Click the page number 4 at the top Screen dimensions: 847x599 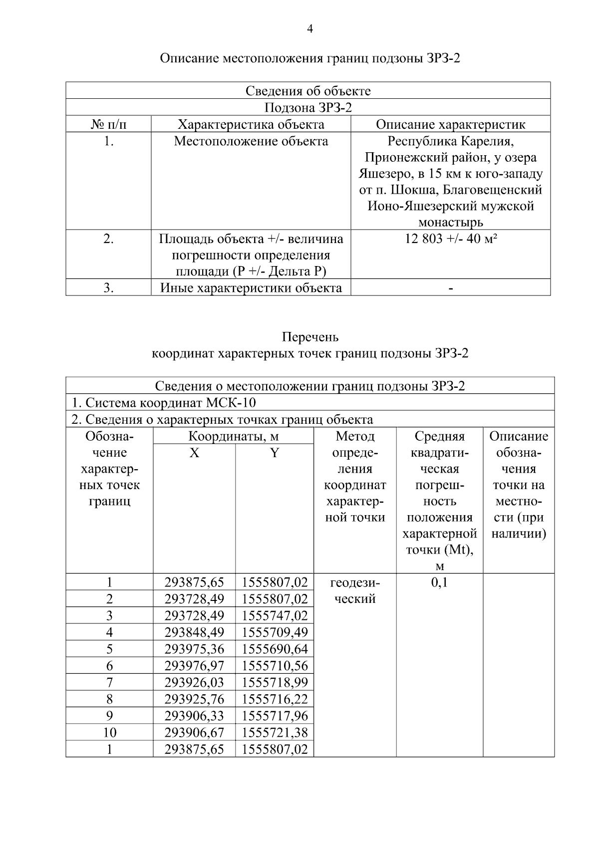tap(309, 29)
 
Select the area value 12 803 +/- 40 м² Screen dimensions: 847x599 tap(450, 239)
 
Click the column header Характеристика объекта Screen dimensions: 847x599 tap(251, 124)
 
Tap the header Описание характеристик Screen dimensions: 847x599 tap(450, 124)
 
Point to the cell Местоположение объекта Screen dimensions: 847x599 tap(251, 141)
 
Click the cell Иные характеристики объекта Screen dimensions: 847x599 tap(251, 288)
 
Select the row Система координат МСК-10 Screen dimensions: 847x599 tap(164, 403)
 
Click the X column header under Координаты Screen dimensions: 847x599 tap(194, 453)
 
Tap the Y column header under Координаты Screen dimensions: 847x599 tap(275, 453)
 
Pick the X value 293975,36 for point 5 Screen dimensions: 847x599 tap(194, 649)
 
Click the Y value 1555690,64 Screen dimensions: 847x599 tap(275, 649)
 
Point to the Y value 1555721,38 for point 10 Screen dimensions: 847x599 tap(275, 733)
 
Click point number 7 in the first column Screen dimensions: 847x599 tap(109, 682)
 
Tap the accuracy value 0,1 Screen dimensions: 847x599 tap(439, 582)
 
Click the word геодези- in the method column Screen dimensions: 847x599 tap(355, 582)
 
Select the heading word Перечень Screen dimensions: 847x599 tap(310, 337)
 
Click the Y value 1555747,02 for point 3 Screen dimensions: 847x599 tap(275, 615)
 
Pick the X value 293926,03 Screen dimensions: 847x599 tap(194, 682)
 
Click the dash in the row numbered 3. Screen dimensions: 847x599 tap(451, 288)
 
